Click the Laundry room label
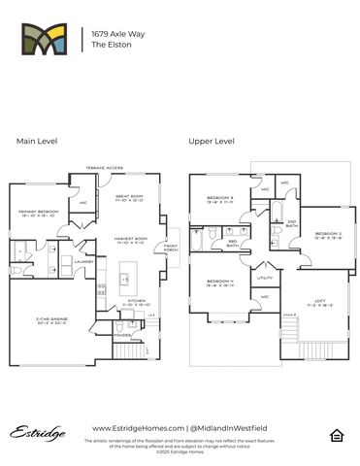[82, 260]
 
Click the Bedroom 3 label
[220, 199]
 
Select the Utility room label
[266, 278]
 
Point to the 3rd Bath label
[232, 243]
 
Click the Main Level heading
[37, 141]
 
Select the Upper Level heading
[212, 141]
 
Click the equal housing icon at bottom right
[337, 433]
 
